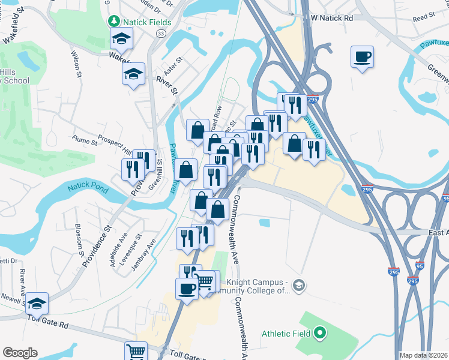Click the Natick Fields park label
click(148, 22)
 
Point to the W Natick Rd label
click(330, 18)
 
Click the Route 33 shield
click(160, 34)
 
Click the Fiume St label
click(86, 142)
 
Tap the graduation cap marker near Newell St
click(37, 304)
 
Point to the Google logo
click(20, 353)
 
